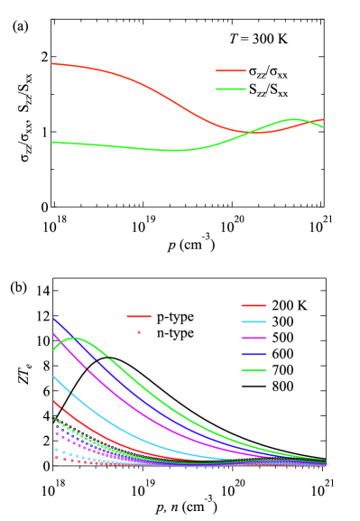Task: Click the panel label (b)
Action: (19, 288)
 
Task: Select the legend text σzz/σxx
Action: (268, 71)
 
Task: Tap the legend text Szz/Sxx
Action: (268, 89)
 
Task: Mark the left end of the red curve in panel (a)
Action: (52, 63)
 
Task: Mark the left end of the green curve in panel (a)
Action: (52, 142)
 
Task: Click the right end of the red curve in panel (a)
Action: (324, 119)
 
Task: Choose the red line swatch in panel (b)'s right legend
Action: (254, 306)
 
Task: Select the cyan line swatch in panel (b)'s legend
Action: (254, 322)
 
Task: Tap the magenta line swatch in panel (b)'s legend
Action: (254, 338)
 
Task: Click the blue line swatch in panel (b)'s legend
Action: (254, 354)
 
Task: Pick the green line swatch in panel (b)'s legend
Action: (254, 370)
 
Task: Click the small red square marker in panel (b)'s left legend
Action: (139, 332)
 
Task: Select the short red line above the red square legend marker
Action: (139, 316)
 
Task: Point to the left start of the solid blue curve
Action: (53, 318)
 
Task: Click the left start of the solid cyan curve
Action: (54, 376)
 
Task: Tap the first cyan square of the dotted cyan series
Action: (56, 450)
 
